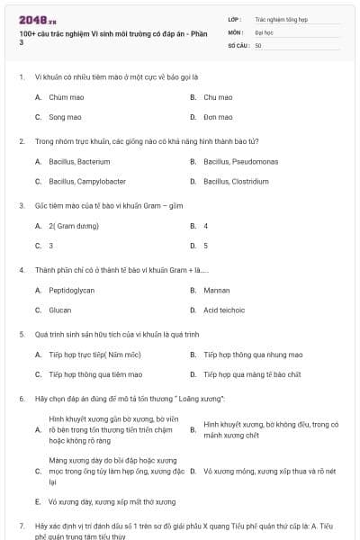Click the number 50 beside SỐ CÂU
pos(258,45)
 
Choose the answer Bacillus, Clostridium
pos(236,181)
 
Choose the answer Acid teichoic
pos(225,310)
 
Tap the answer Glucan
pos(60,310)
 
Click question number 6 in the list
pos(21,398)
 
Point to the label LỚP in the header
pos(234,18)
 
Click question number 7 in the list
pos(21,525)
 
